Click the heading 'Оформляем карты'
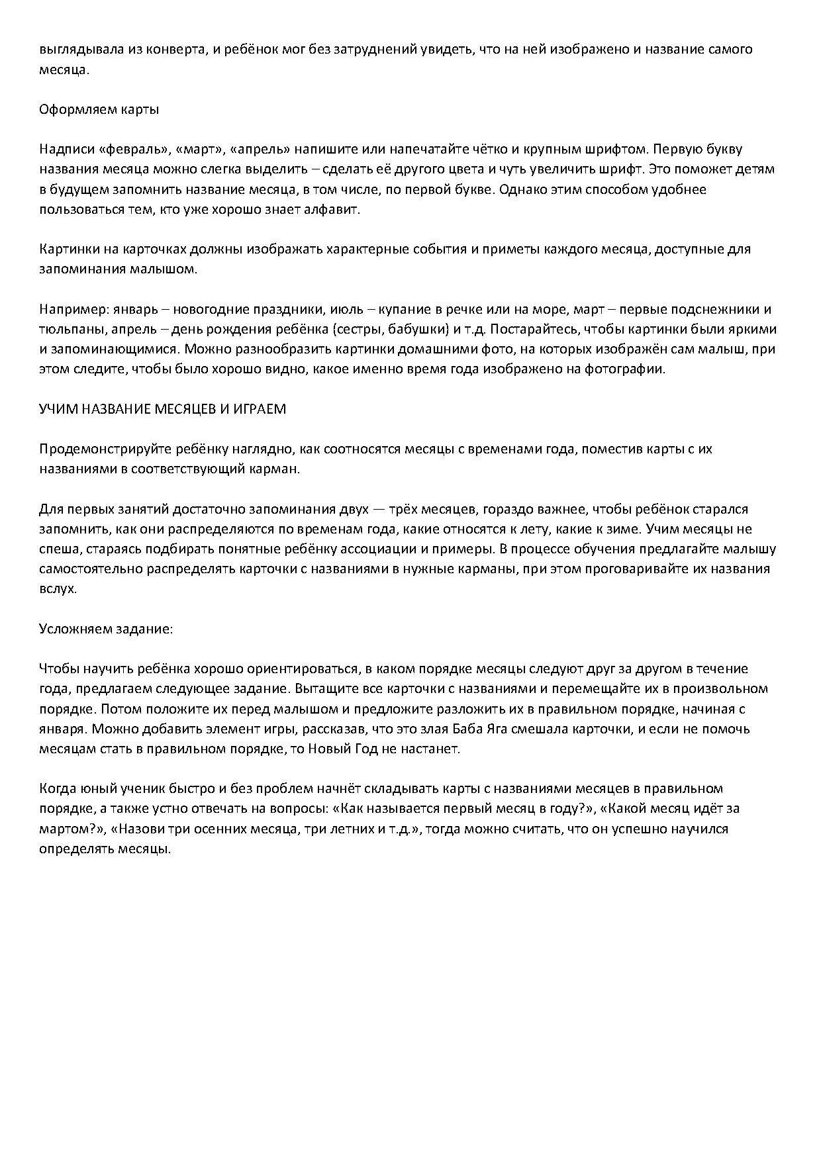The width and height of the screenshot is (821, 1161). pyautogui.click(x=99, y=109)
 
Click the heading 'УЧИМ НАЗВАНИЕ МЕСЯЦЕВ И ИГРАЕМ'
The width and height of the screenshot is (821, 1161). pyautogui.click(x=162, y=409)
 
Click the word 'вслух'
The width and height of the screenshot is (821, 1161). pyautogui.click(x=57, y=589)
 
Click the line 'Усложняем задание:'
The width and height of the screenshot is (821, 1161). pyautogui.click(x=106, y=629)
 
